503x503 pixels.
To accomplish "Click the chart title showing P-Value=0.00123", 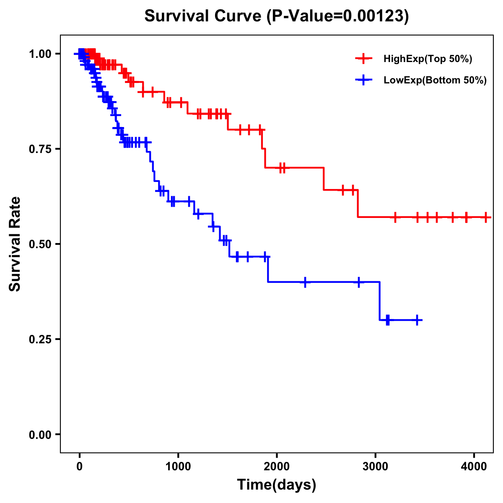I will [x=276, y=16].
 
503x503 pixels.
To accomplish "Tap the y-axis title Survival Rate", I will [x=15, y=244].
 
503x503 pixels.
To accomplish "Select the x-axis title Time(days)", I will [x=277, y=485].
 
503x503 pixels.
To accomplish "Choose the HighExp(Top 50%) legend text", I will [x=428, y=59].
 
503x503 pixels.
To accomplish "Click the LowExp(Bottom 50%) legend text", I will [x=435, y=80].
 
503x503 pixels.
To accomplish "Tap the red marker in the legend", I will [x=363, y=59].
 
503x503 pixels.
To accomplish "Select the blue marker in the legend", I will [x=363, y=80].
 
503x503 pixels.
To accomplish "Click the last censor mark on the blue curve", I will [x=417, y=320].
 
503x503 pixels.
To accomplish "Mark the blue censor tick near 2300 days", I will [x=305, y=282].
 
